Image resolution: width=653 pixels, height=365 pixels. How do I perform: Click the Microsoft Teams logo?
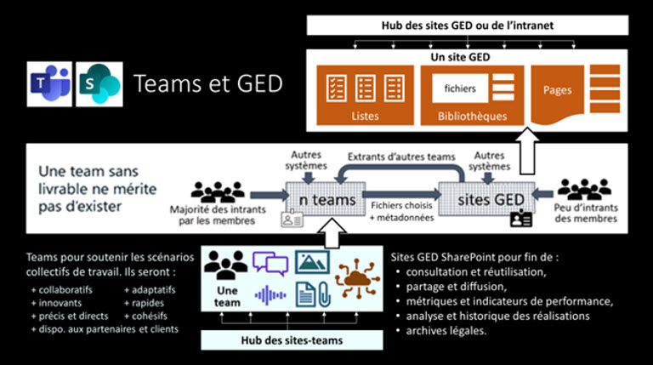pyautogui.click(x=48, y=83)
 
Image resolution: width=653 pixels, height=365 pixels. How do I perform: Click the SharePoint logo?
pyautogui.click(x=99, y=83)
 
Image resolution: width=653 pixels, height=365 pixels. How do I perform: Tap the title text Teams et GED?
pyautogui.click(x=207, y=83)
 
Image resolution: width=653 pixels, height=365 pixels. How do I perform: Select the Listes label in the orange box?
pyautogui.click(x=364, y=115)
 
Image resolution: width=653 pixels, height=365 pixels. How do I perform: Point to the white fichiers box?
pyautogui.click(x=460, y=88)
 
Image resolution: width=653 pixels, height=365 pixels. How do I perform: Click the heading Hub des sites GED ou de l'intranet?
pyautogui.click(x=468, y=26)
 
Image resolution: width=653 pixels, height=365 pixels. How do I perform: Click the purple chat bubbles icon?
pyautogui.click(x=270, y=264)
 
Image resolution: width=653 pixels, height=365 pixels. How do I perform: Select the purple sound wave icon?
pyautogui.click(x=271, y=296)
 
